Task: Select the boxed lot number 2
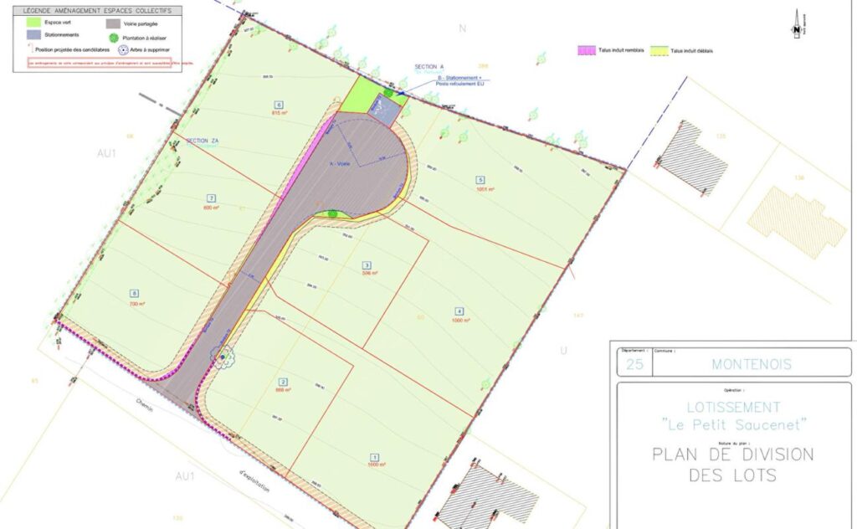point(283,382)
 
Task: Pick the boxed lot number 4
point(459,311)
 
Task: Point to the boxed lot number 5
point(480,180)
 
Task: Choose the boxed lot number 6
point(278,105)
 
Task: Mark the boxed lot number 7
point(211,198)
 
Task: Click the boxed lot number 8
point(134,293)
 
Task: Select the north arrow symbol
point(795,25)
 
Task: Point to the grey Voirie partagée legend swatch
point(113,23)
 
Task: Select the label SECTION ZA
point(202,141)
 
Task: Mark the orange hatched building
point(796,222)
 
